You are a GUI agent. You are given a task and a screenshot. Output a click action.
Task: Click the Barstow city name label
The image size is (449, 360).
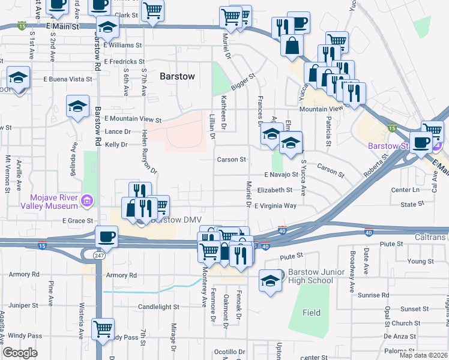point(177,76)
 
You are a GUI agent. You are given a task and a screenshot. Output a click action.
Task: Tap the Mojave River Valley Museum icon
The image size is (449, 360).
point(87,200)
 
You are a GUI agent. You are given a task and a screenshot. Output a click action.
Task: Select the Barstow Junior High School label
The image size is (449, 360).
point(310,276)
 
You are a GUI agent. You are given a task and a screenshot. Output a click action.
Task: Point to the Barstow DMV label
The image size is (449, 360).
point(161,220)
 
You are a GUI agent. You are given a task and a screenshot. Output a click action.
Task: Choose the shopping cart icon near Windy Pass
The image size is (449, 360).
point(103,329)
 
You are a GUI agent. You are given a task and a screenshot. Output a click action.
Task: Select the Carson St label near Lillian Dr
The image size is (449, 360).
point(232,160)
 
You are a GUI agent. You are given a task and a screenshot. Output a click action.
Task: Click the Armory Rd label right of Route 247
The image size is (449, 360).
point(121,275)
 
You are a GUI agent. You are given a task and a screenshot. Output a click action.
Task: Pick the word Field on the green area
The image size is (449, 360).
point(311,313)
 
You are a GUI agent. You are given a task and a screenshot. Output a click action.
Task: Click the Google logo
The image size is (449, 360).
point(20,353)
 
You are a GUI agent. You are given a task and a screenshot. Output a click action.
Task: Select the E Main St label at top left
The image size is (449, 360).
point(62,27)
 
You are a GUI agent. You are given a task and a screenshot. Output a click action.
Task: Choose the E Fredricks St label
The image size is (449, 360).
point(124,61)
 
